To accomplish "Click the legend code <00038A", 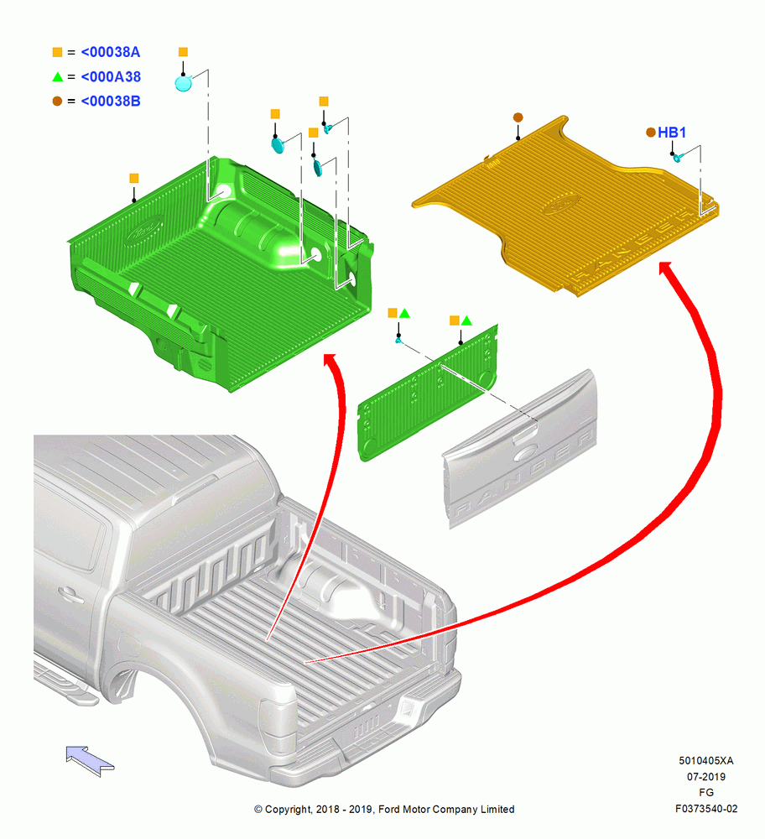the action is click(x=110, y=52).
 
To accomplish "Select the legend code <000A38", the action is click(x=111, y=76).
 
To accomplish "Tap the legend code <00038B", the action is click(x=110, y=102).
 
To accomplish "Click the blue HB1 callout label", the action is click(x=671, y=133).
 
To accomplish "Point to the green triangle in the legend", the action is click(x=58, y=76).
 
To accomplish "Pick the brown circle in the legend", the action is click(x=57, y=101).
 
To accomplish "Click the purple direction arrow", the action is click(x=90, y=760).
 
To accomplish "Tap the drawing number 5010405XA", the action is click(x=705, y=760).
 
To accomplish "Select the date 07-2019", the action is click(x=706, y=776).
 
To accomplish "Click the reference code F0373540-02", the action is click(x=706, y=809).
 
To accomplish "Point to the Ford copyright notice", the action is click(x=384, y=809).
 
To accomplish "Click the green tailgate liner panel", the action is click(x=427, y=393).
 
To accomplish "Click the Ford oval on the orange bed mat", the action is click(x=560, y=204).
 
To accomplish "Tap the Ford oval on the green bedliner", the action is click(x=144, y=232).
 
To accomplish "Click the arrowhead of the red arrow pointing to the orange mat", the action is click(x=667, y=268).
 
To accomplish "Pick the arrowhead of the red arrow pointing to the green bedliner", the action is click(x=330, y=360).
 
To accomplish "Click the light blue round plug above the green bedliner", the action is click(x=183, y=83).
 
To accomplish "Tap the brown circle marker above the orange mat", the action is click(x=518, y=117).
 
